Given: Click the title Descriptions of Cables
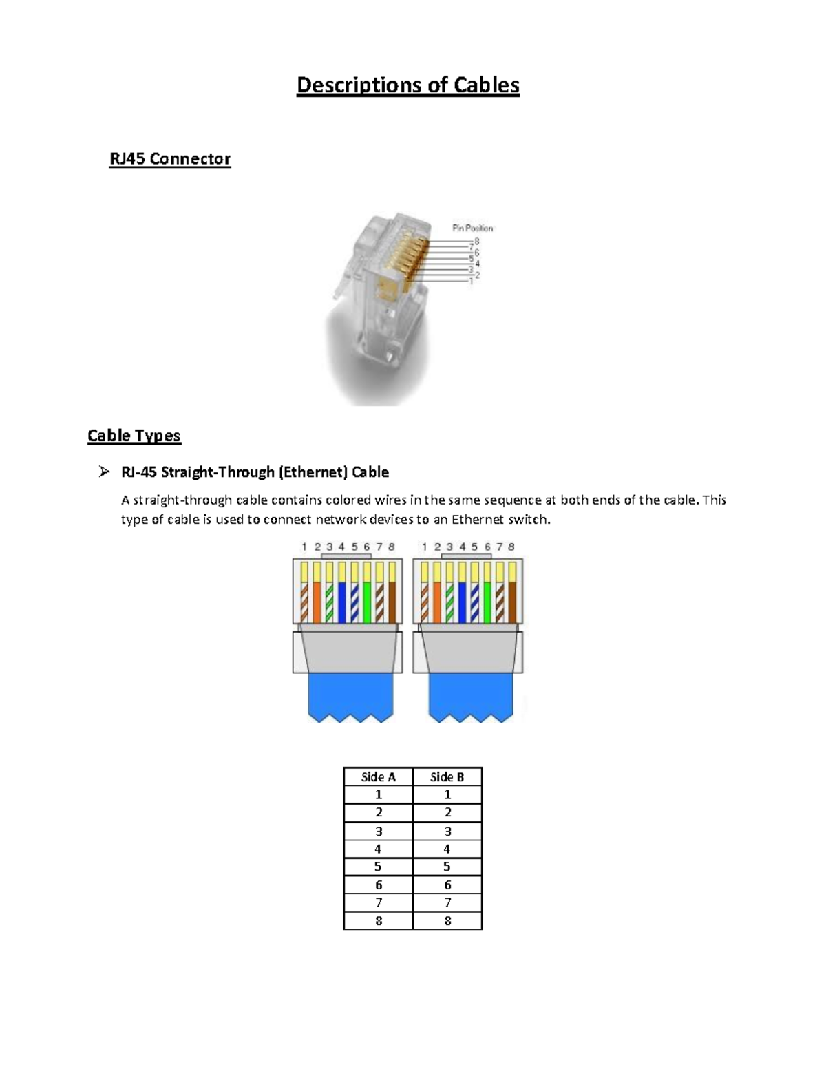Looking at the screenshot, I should pyautogui.click(x=407, y=85).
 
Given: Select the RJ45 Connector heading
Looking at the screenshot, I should pyautogui.click(x=169, y=159).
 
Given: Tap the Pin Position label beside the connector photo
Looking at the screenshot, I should pyautogui.click(x=472, y=228).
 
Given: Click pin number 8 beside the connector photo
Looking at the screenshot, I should pyautogui.click(x=476, y=242).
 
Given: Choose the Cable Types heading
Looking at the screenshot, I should pyautogui.click(x=134, y=436).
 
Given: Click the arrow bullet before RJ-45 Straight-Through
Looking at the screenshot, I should pyautogui.click(x=104, y=472).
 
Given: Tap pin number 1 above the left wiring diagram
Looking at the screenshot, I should pyautogui.click(x=304, y=547).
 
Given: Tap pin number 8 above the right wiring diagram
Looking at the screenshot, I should pyautogui.click(x=511, y=547).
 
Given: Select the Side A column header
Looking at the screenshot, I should pyautogui.click(x=378, y=777).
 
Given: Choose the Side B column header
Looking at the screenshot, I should pyautogui.click(x=447, y=777).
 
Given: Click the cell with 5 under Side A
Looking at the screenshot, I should pyautogui.click(x=378, y=867).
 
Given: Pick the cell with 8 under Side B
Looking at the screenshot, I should pyautogui.click(x=447, y=921).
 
